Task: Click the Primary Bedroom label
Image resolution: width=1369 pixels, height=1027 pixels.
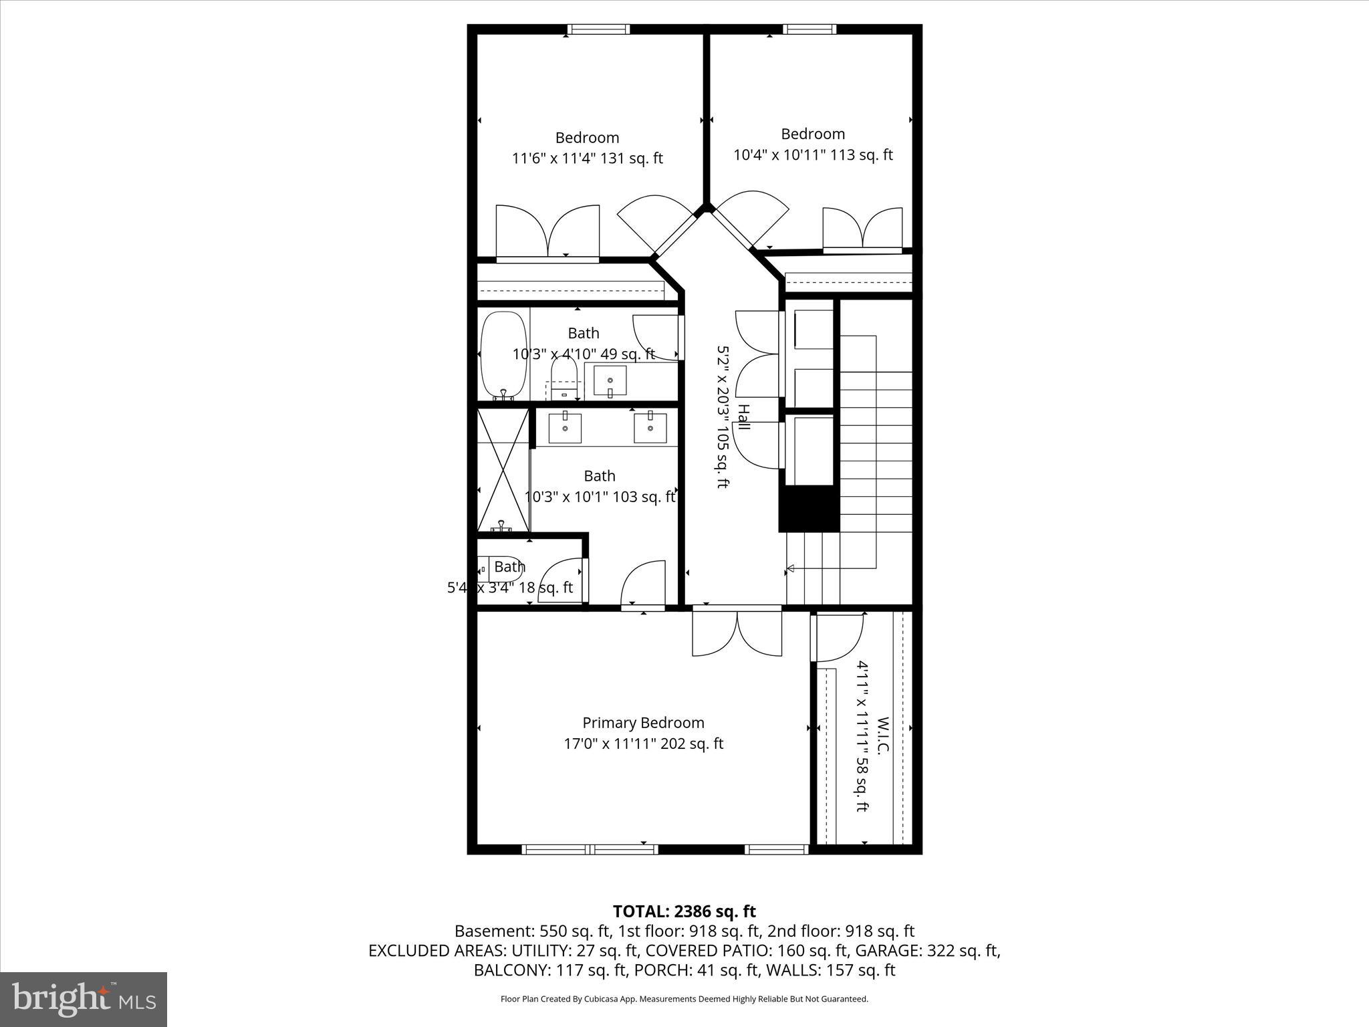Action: pos(643,723)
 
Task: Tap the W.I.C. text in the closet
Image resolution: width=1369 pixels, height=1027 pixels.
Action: pos(882,735)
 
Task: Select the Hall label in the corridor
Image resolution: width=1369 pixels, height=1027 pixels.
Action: pos(743,417)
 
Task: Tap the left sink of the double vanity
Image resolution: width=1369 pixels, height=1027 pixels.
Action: pos(565,427)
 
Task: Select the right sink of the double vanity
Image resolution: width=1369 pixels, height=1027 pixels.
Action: pos(650,427)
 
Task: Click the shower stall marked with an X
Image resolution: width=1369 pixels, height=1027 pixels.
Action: pos(503,469)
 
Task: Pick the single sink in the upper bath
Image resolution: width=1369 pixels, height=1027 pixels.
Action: pos(610,381)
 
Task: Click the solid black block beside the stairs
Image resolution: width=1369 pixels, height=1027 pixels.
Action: pos(809,509)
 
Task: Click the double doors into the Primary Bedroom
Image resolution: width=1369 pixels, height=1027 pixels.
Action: pos(737,631)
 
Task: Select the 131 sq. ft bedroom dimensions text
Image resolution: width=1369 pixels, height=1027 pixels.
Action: pos(587,158)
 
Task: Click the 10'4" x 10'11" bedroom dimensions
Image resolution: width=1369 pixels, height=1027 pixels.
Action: pos(813,154)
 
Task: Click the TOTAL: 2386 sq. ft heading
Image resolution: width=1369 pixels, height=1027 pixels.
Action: pos(684,911)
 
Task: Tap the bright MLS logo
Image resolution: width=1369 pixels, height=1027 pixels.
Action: pos(84,999)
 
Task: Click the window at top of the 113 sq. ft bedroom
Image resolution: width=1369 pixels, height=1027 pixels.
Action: pos(809,29)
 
